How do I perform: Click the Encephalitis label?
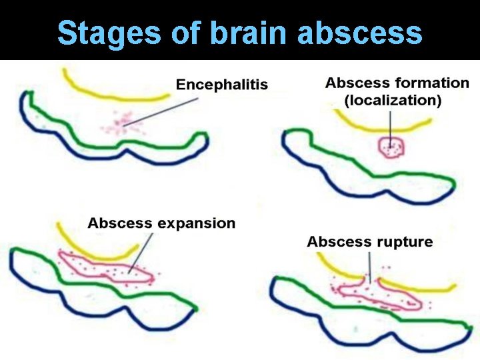click(222, 85)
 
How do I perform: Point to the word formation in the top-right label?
click(432, 83)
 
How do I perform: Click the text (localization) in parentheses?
click(393, 101)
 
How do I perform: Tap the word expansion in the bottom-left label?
click(197, 223)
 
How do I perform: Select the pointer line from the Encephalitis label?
click(167, 111)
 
